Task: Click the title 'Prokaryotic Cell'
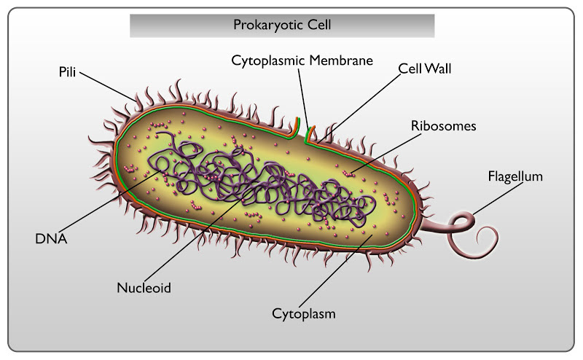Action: pos(282,25)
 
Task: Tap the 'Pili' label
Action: pos(68,73)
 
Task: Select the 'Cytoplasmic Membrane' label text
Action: pos(302,60)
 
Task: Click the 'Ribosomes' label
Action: pos(443,126)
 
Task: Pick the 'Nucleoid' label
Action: pos(144,288)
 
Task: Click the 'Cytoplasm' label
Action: pos(304,314)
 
